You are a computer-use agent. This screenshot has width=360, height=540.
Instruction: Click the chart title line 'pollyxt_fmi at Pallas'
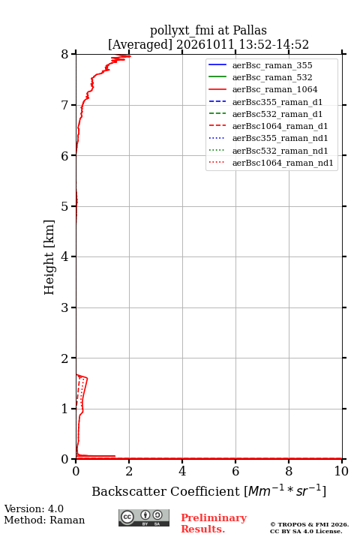coord(208,30)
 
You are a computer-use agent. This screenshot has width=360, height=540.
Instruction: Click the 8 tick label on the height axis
coord(64,55)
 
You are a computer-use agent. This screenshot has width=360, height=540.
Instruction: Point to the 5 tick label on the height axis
coord(64,206)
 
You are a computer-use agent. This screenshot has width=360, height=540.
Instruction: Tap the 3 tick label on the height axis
coord(64,307)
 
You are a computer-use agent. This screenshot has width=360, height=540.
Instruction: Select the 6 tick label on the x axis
coord(235,471)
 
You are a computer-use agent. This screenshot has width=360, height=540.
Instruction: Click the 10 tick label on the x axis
coord(341,471)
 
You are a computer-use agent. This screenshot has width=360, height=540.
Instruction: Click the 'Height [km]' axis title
coord(49,257)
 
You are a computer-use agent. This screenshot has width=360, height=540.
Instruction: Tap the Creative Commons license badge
coord(144,517)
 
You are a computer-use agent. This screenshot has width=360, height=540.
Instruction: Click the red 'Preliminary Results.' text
coord(214,523)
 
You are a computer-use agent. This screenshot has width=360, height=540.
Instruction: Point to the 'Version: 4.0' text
coord(34,508)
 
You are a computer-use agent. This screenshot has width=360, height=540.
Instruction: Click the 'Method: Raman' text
coord(44,520)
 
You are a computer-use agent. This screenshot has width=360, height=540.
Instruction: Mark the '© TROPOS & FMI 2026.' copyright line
coord(309,524)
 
